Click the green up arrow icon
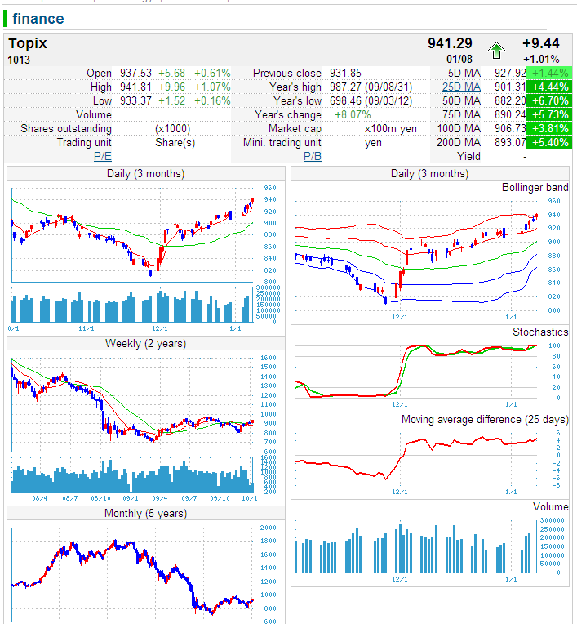pos(496,51)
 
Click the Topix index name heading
pos(28,43)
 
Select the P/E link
pos(103,156)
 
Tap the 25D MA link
pos(461,87)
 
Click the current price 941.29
pos(450,43)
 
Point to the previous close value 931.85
pos(344,73)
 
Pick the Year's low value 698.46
pos(344,101)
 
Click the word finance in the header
pos(38,18)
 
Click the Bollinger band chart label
pos(535,187)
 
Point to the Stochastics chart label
pos(540,332)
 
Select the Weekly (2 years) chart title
pos(145,343)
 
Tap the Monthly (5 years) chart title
pos(145,513)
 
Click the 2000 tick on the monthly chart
pos(269,528)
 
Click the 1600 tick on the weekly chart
pos(269,358)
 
